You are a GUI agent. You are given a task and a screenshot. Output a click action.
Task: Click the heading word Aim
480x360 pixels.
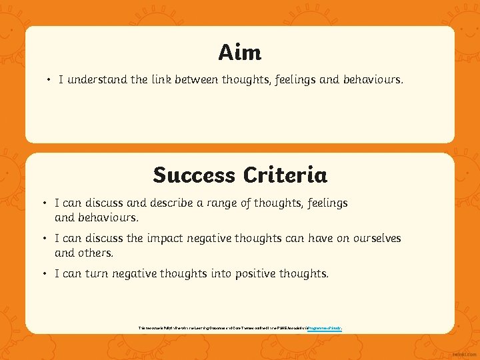click(x=239, y=52)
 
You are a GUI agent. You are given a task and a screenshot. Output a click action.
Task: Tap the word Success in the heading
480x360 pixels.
click(x=194, y=175)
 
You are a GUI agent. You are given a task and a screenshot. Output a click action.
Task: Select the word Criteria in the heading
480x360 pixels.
click(x=285, y=175)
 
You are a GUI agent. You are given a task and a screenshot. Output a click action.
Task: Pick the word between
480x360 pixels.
click(x=199, y=80)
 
